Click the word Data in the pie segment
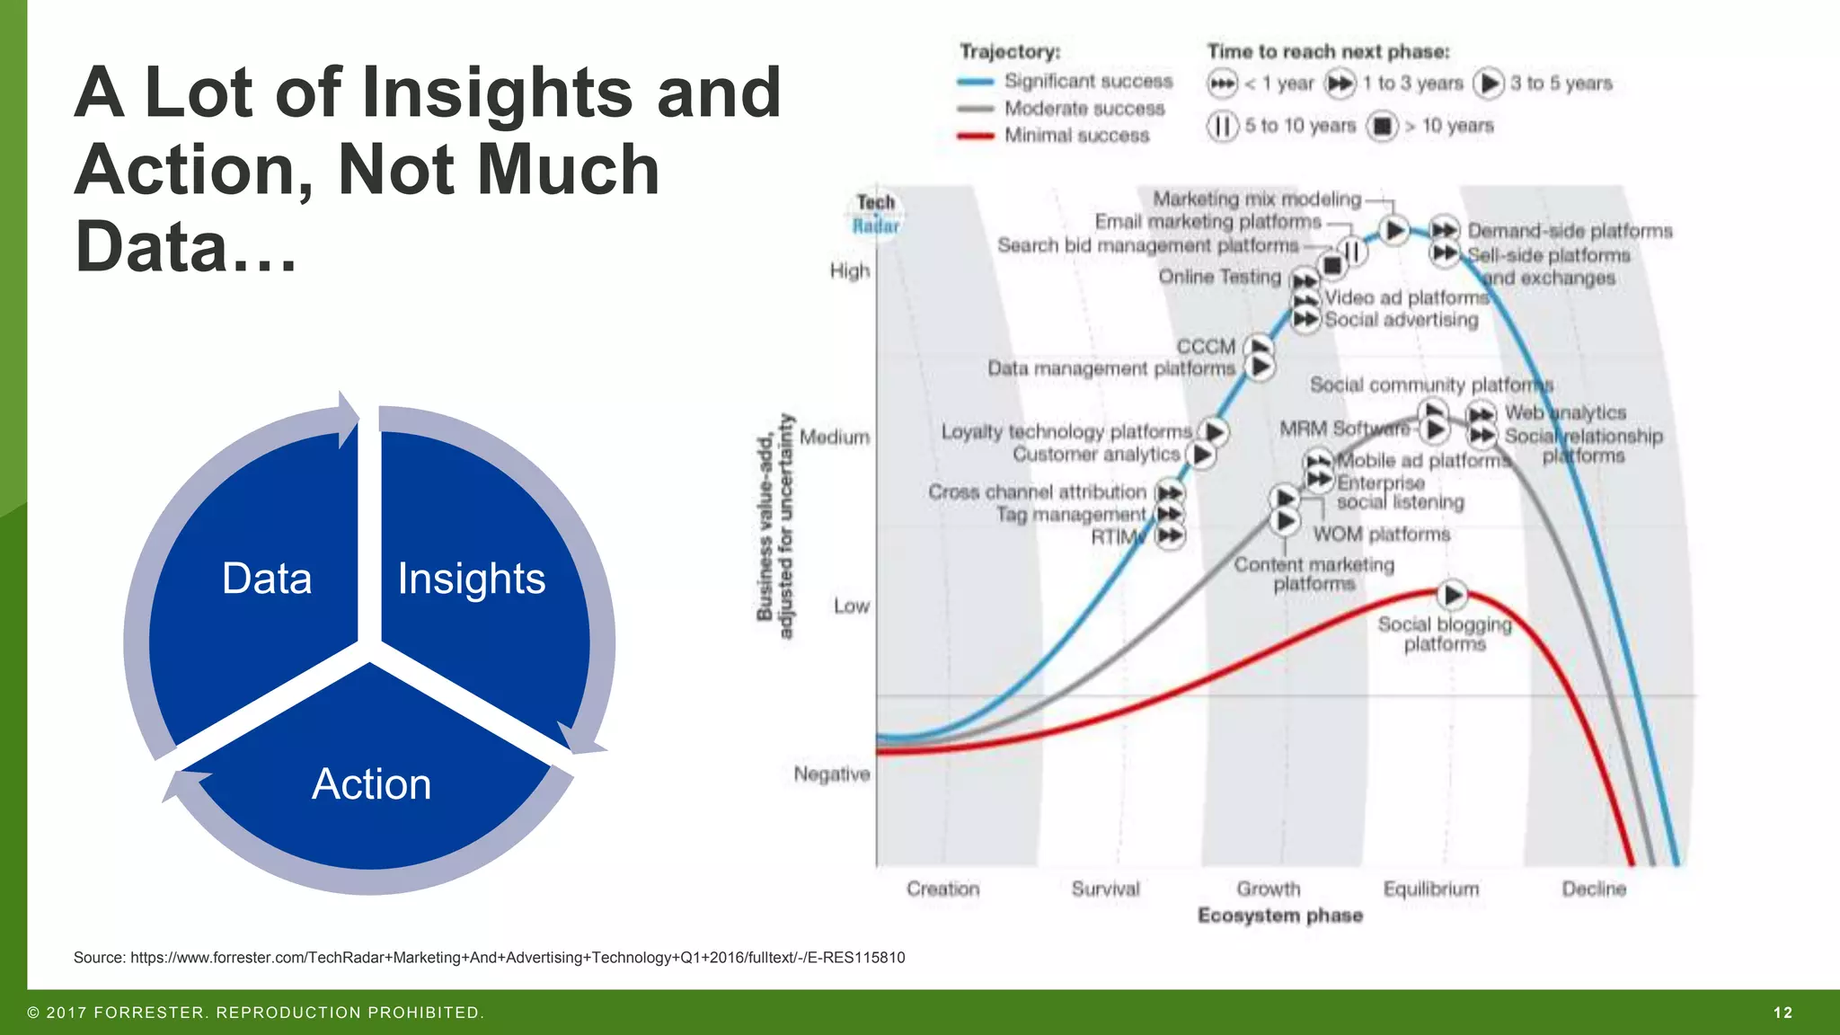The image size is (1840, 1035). coord(267,579)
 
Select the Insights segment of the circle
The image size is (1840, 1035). coord(472,579)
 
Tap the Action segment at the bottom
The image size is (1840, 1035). coord(371,784)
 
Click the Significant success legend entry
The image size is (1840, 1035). coord(1088,82)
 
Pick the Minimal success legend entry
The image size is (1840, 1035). coord(1076,136)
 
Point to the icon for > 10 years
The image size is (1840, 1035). coord(1383,126)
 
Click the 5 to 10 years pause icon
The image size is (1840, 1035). coord(1222,126)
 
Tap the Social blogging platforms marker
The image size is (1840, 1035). coord(1452,594)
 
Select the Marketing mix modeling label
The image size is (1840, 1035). coord(1257,199)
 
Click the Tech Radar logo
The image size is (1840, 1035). coord(875,214)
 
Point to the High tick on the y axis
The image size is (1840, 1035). coord(850,270)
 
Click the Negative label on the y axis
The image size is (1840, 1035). coord(832,774)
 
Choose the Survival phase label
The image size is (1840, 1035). coord(1105,889)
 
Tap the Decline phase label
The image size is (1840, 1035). coord(1594,889)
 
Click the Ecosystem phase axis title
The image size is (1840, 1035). coord(1280,916)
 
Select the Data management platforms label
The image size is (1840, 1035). coord(1111,368)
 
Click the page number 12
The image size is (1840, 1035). coord(1782,1013)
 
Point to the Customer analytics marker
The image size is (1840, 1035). coord(1202,456)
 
